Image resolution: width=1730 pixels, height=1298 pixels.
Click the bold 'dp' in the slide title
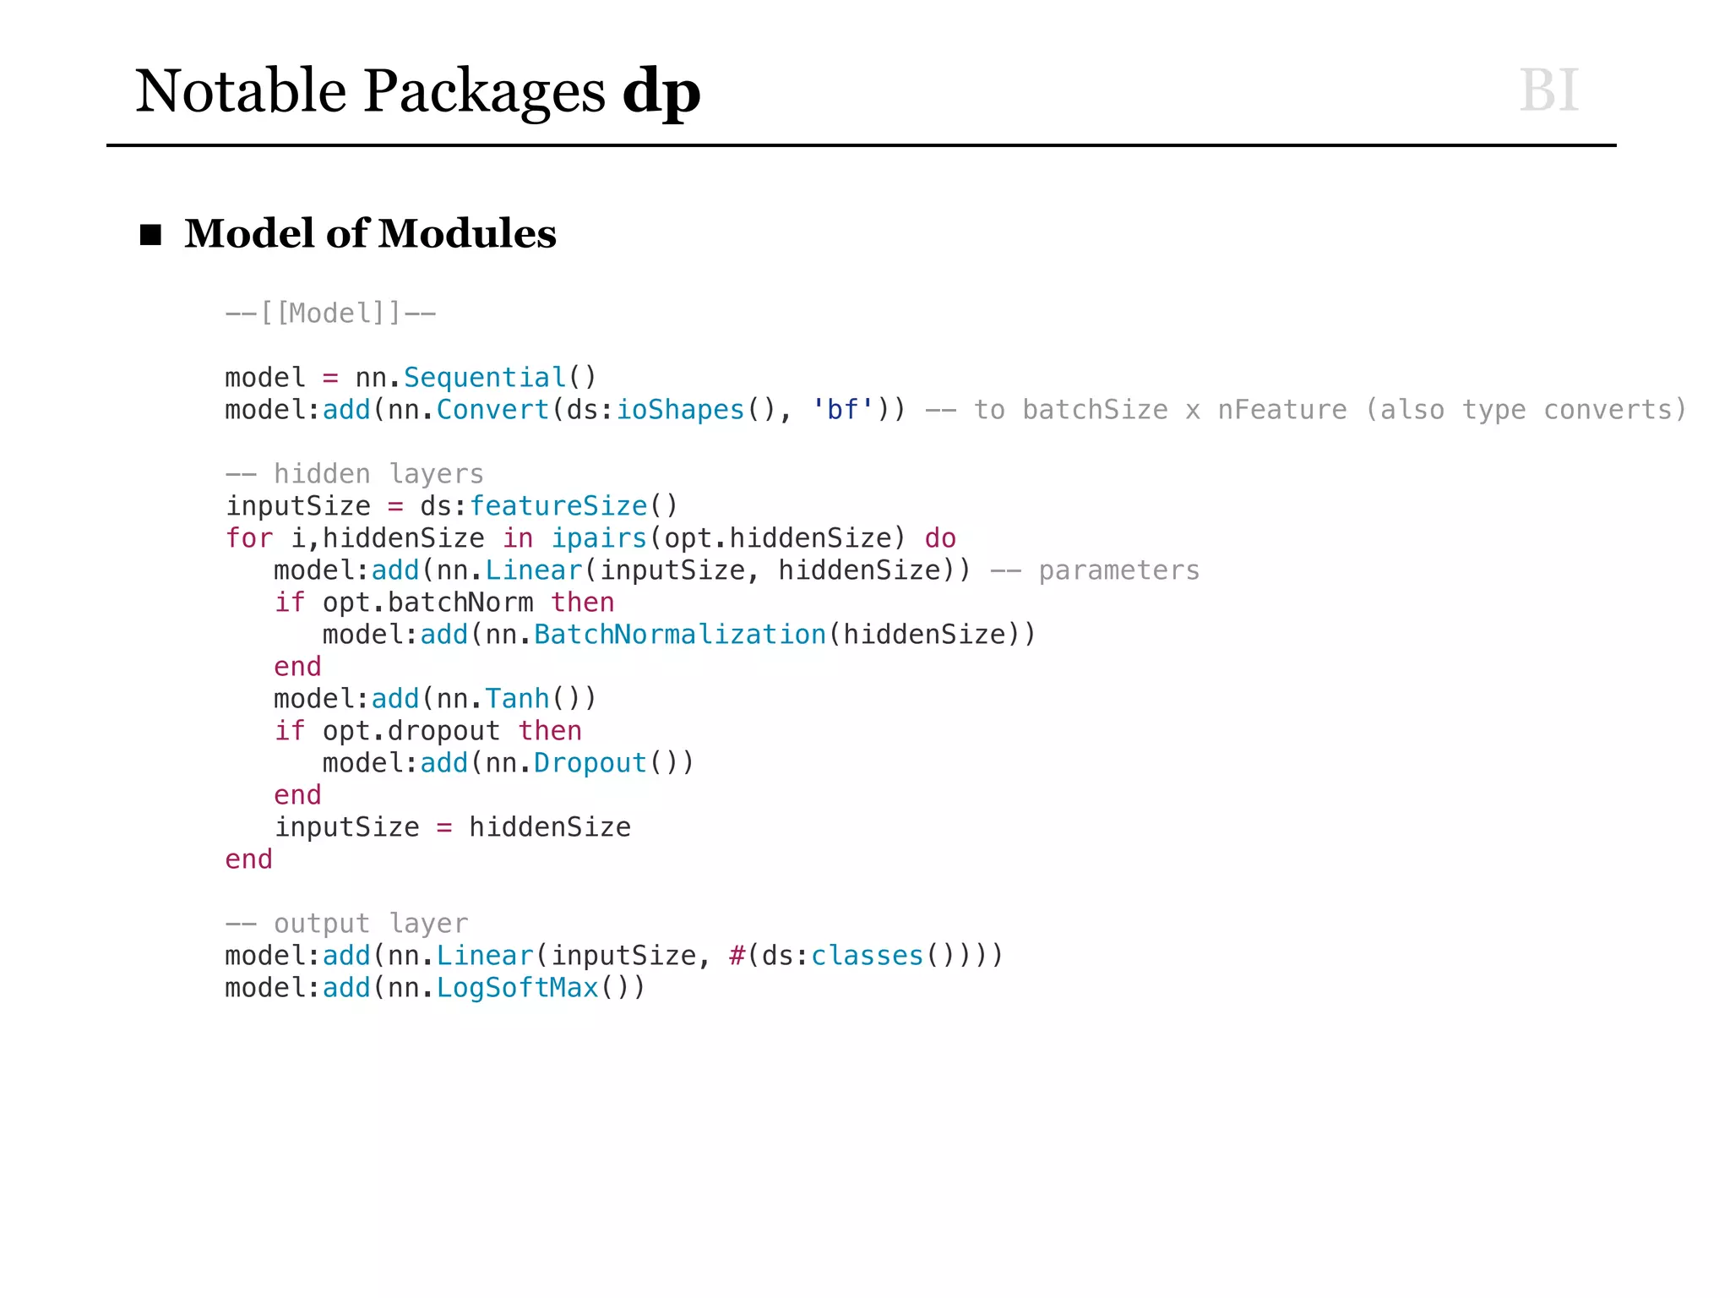(661, 92)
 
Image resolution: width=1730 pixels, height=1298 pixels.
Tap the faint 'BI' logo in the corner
(1548, 90)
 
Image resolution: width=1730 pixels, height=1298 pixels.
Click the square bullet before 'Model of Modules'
(150, 234)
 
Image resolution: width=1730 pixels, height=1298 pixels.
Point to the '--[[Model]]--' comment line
(330, 314)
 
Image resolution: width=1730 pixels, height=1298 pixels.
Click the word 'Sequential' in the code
(485, 378)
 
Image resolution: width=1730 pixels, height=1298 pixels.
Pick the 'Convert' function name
(492, 410)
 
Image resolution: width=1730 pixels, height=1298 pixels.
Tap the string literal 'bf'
(842, 410)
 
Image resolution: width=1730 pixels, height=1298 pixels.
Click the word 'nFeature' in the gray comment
(1281, 410)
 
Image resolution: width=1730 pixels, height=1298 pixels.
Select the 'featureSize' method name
(558, 506)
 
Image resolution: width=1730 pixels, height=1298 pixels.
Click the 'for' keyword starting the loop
(249, 538)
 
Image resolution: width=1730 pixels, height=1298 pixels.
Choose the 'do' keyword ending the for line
(940, 538)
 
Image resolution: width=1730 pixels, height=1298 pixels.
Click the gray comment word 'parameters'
(1118, 570)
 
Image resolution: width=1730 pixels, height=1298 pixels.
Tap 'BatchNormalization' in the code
(680, 635)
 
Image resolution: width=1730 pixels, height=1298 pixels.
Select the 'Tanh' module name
(517, 699)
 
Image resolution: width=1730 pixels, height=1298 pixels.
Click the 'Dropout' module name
(590, 763)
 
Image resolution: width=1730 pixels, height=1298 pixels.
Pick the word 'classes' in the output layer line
(867, 956)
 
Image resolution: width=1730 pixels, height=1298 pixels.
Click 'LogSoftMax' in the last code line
(517, 988)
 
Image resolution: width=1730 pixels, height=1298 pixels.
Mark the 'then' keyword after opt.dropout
(550, 731)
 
